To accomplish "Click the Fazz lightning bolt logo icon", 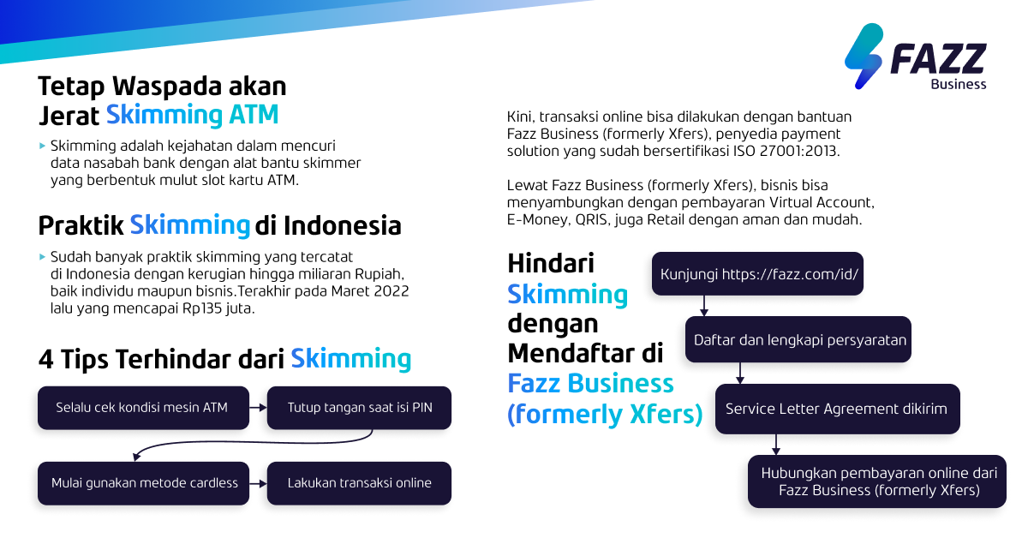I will point(864,57).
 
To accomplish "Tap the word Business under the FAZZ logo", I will point(959,84).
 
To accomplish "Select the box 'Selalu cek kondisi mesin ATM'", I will point(143,408).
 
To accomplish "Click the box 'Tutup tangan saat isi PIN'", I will point(359,408).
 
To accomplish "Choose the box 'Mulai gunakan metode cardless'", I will point(143,483).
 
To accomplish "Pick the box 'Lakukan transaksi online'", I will point(359,483).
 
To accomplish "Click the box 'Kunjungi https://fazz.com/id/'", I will point(759,274).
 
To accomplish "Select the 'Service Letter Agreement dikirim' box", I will point(837,409).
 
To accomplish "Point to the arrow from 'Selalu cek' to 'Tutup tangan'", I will point(258,408).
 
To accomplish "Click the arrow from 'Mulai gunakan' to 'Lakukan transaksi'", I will point(258,483).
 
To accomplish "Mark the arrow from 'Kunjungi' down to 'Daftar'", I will point(703,307).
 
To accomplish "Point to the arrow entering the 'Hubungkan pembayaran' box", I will point(776,445).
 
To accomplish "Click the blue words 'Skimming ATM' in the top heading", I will point(193,115).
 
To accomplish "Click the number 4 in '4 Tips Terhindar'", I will point(45,358).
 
